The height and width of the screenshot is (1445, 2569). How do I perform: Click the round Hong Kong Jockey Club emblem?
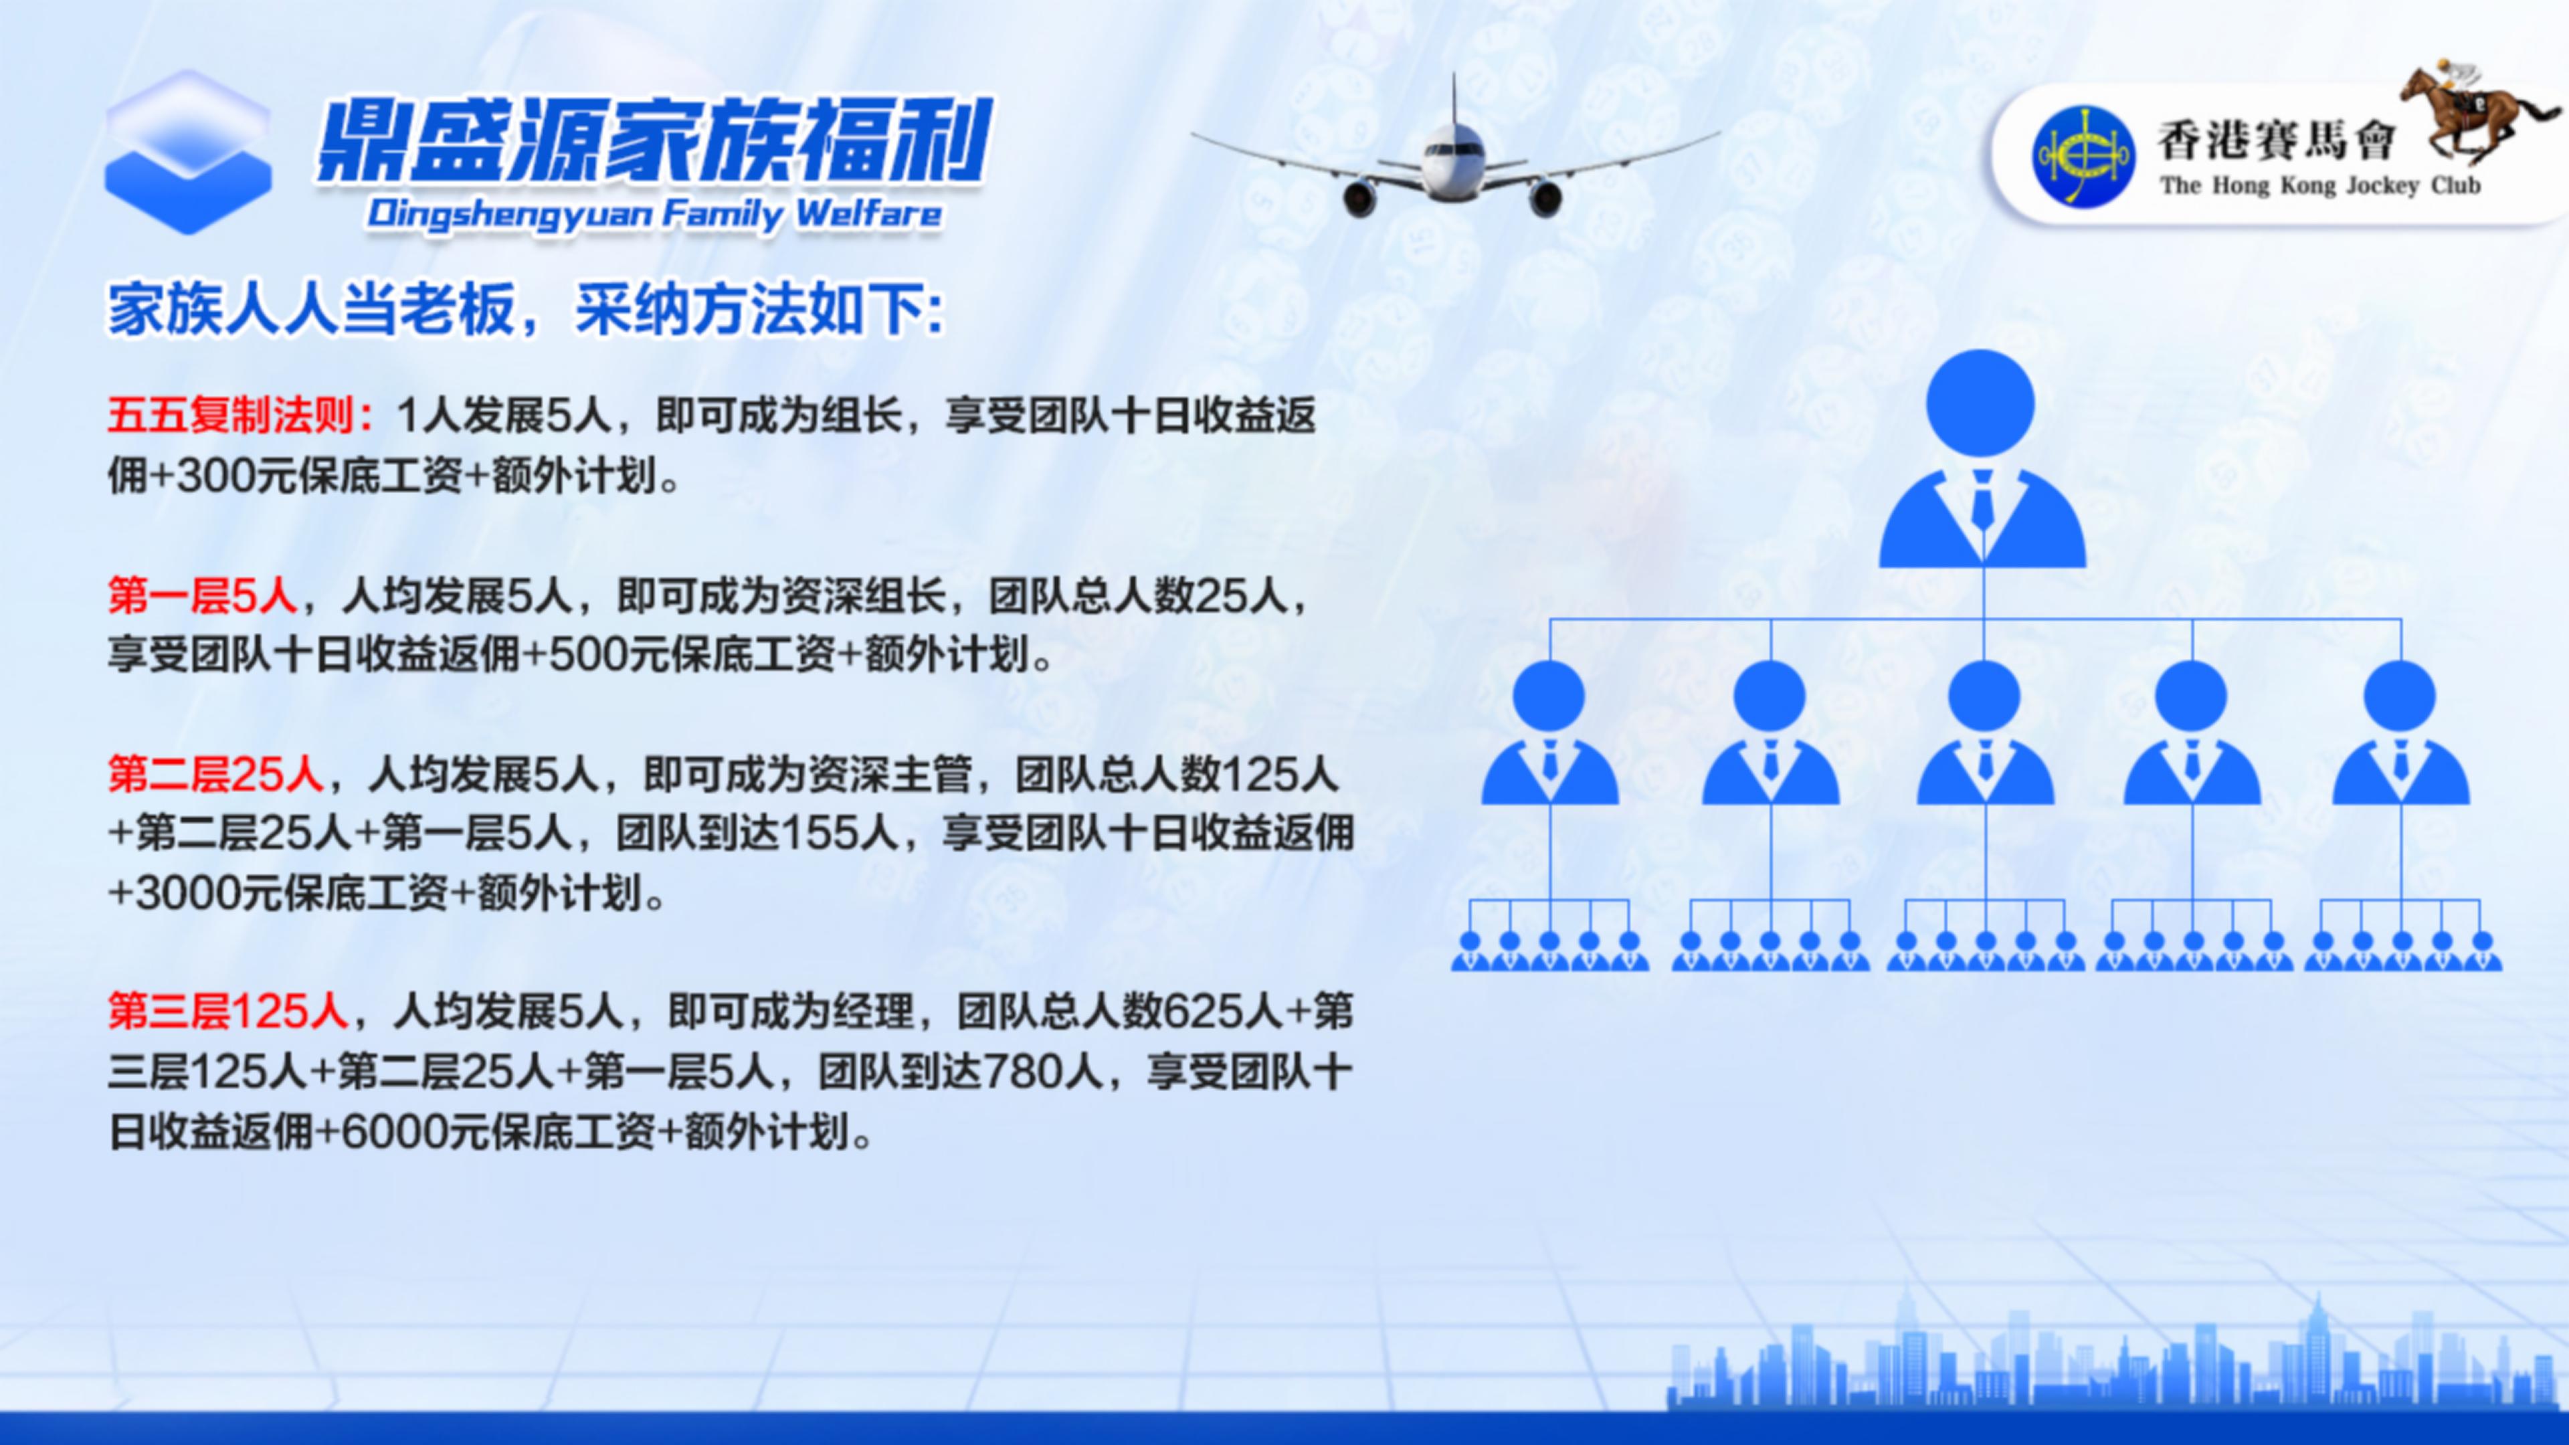(2083, 157)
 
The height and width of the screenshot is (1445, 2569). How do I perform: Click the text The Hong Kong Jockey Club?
(2319, 185)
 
